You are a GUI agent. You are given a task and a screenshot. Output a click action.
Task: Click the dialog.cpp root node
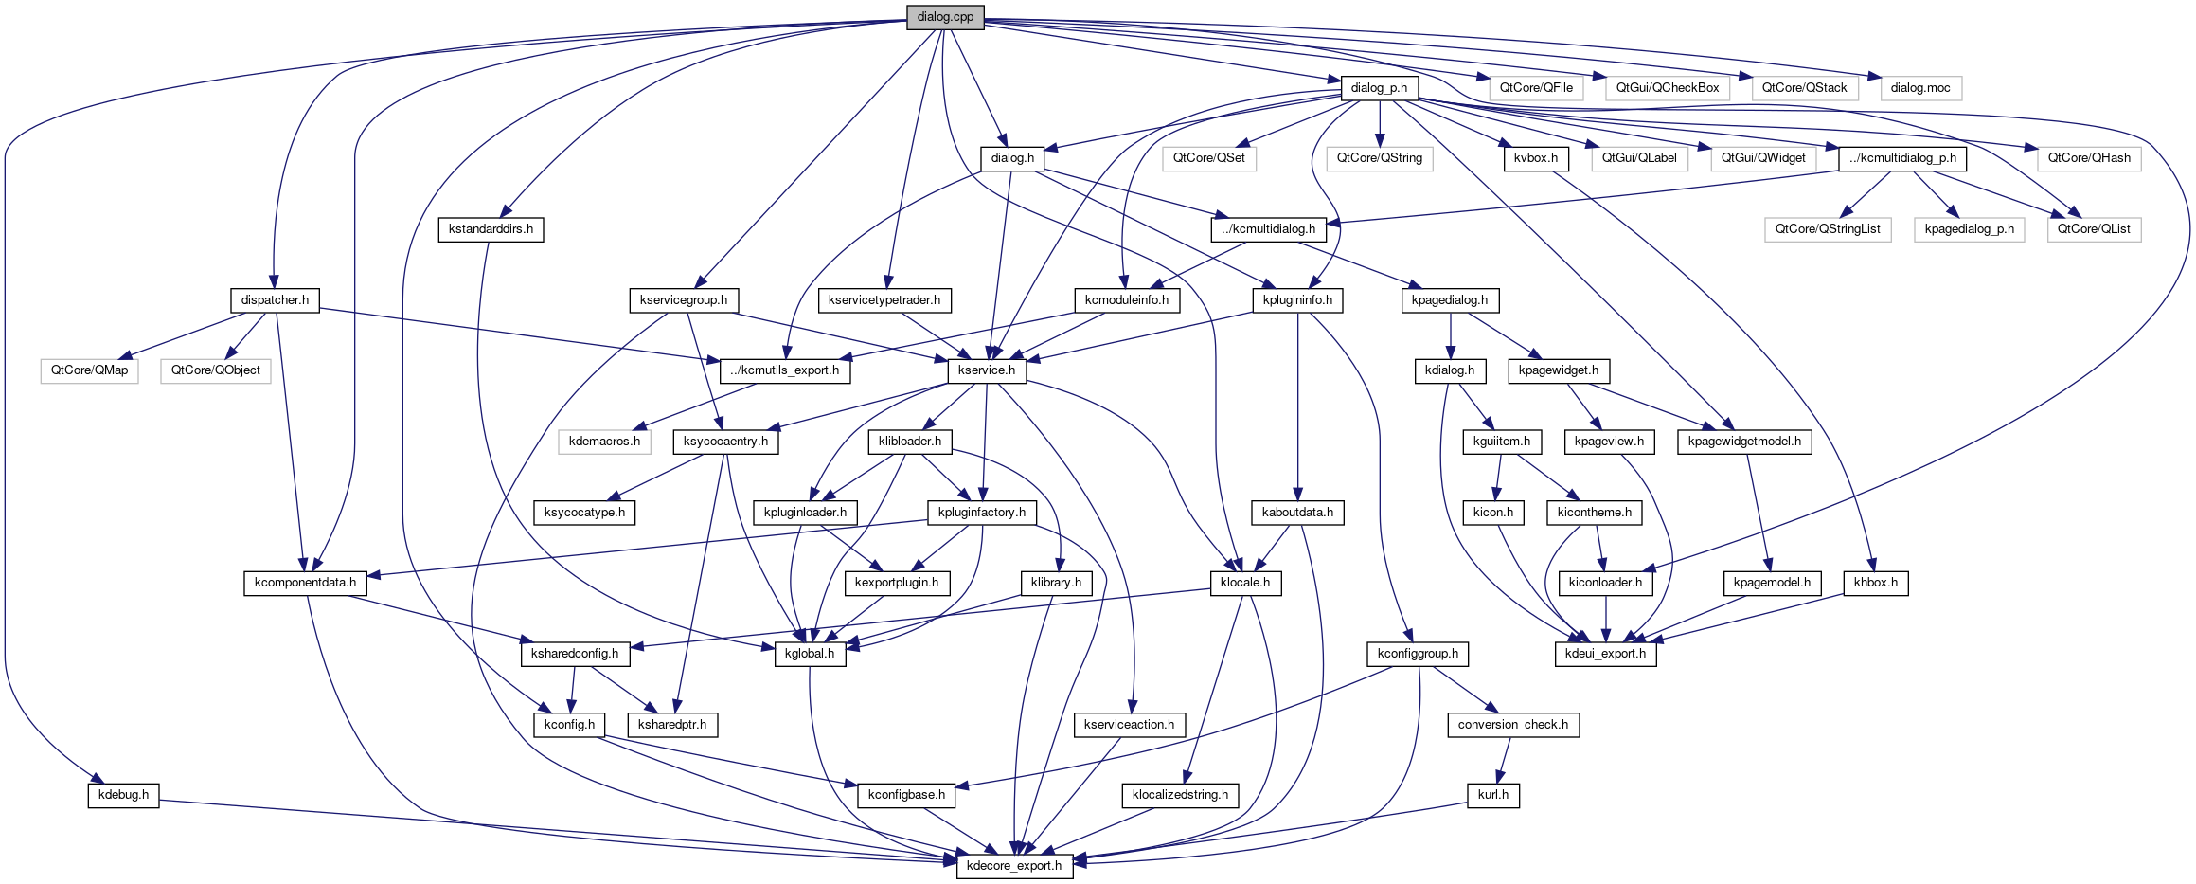pyautogui.click(x=945, y=17)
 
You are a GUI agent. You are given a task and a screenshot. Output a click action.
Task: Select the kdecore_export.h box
pyautogui.click(x=1014, y=866)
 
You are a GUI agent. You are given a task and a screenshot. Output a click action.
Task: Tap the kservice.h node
pyautogui.click(x=986, y=370)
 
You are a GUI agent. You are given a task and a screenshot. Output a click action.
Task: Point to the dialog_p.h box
pyautogui.click(x=1379, y=88)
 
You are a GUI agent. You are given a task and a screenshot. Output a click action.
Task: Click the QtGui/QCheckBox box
pyautogui.click(x=1667, y=88)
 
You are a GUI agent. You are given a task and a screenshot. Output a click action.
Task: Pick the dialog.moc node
pyautogui.click(x=1920, y=88)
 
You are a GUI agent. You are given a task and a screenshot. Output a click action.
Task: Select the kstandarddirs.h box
pyautogui.click(x=491, y=229)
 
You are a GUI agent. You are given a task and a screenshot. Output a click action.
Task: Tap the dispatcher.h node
pyautogui.click(x=275, y=300)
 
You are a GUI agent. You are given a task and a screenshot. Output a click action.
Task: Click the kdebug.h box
pyautogui.click(x=124, y=795)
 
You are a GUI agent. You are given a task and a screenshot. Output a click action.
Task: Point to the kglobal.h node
pyautogui.click(x=810, y=654)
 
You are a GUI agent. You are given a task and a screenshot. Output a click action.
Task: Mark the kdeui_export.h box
pyautogui.click(x=1605, y=654)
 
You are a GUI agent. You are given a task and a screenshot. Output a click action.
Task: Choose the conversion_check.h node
pyautogui.click(x=1512, y=725)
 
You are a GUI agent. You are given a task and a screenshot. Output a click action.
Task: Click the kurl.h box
pyautogui.click(x=1493, y=795)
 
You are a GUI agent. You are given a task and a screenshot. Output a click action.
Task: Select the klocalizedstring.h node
pyautogui.click(x=1180, y=795)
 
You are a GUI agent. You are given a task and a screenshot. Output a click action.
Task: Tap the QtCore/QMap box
pyautogui.click(x=90, y=370)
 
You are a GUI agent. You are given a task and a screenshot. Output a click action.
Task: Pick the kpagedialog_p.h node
pyautogui.click(x=1970, y=229)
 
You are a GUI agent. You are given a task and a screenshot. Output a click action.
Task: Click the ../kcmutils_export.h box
pyautogui.click(x=785, y=370)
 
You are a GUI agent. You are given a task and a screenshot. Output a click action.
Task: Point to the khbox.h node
pyautogui.click(x=1875, y=583)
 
